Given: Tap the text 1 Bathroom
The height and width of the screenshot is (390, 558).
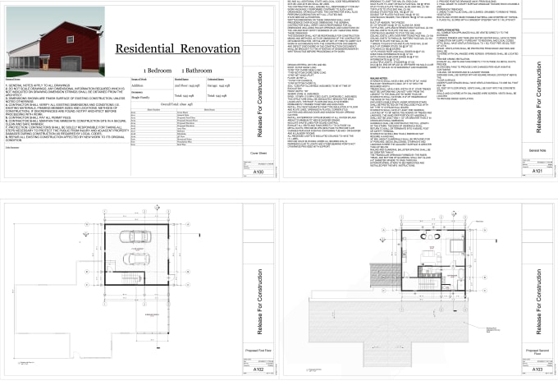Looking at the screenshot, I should [x=201, y=72].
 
